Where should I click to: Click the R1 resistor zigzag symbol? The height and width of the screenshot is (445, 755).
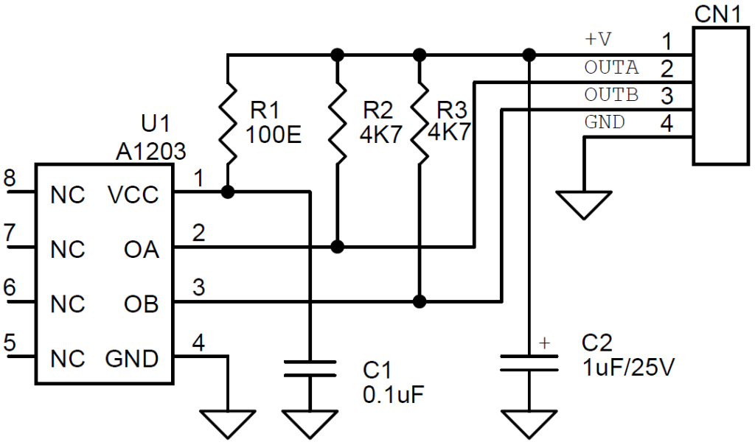(x=228, y=123)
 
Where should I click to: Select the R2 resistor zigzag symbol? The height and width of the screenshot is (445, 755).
(x=338, y=123)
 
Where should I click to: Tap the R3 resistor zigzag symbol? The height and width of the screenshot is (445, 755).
(x=420, y=123)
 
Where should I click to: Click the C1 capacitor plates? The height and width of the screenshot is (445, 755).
(x=310, y=368)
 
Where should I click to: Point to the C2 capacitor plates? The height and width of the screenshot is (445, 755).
(x=529, y=363)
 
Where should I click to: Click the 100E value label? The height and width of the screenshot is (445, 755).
(x=274, y=134)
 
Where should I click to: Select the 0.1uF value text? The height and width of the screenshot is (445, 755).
(x=394, y=394)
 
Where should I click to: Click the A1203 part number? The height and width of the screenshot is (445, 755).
(x=150, y=152)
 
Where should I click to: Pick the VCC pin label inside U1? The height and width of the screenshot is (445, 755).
(x=133, y=195)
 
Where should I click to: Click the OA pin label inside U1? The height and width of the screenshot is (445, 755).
(x=142, y=250)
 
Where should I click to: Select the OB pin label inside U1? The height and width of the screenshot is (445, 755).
(x=142, y=304)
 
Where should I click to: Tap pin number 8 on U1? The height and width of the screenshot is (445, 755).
(x=10, y=178)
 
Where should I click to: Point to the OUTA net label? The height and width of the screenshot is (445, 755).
(x=611, y=67)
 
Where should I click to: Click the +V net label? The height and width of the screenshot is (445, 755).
(x=597, y=40)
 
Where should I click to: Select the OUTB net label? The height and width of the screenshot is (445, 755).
(x=611, y=95)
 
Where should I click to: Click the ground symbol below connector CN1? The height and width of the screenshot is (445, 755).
(x=584, y=205)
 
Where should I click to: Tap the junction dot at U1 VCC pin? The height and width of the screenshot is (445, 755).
(x=228, y=192)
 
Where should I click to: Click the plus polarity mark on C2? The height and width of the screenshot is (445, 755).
(x=545, y=343)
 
